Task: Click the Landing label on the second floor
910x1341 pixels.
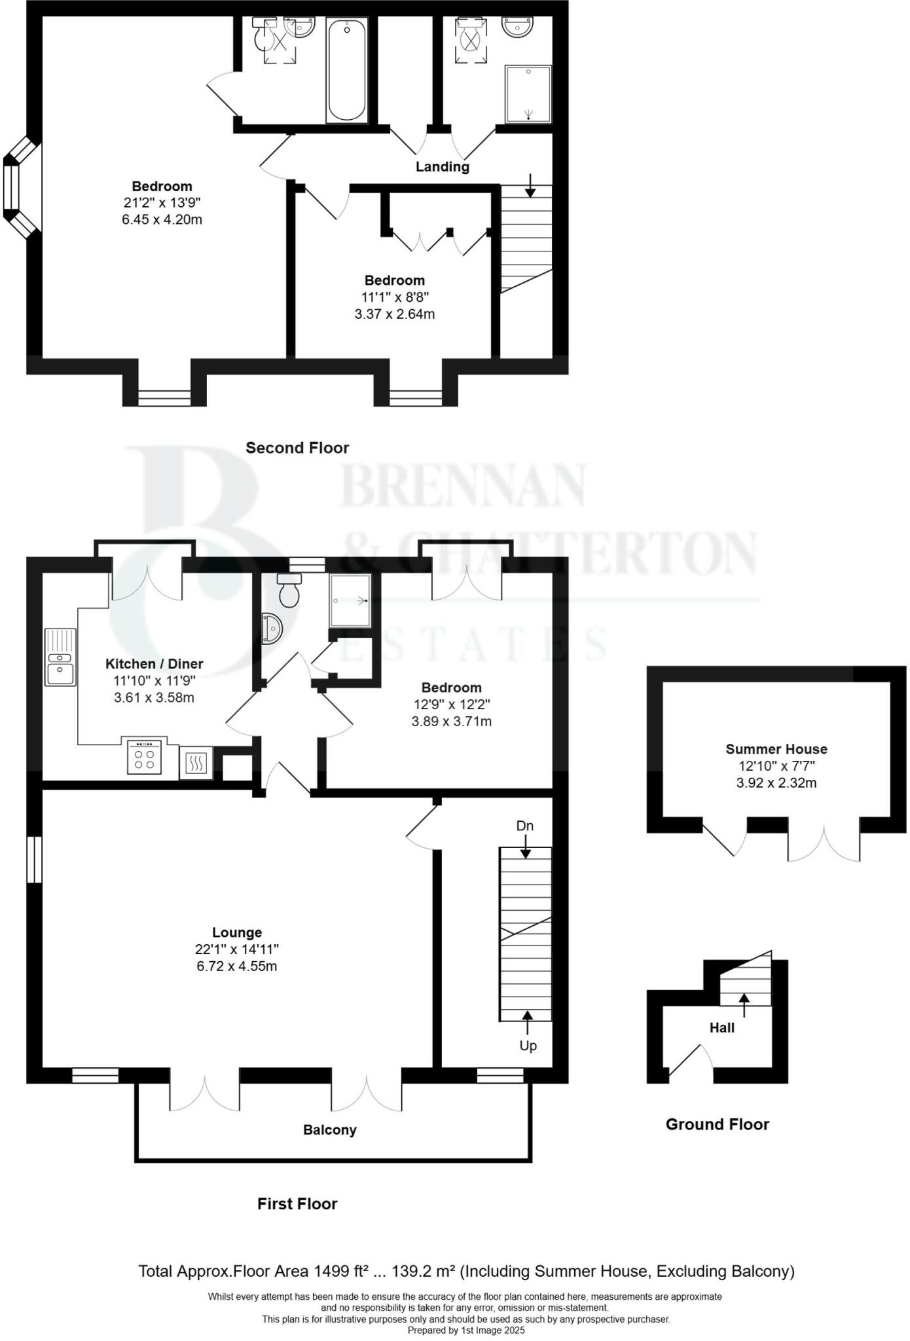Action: click(x=442, y=167)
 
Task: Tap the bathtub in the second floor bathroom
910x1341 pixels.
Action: click(x=346, y=70)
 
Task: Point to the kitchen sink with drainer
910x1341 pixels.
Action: click(x=60, y=657)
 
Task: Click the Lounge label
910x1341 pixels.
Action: click(x=236, y=932)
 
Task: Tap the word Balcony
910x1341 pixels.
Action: click(x=329, y=1130)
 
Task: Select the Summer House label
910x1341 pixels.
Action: click(x=776, y=749)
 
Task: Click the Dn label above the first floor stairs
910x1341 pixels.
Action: click(x=524, y=826)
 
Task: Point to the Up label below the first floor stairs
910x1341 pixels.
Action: click(x=528, y=1046)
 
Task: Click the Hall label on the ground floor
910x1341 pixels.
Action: click(x=721, y=1028)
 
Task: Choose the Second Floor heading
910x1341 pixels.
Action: click(x=297, y=448)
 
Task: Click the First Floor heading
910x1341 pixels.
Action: click(x=297, y=1203)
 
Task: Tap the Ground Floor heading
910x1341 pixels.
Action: click(x=717, y=1124)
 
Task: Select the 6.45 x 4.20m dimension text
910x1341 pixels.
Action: click(x=162, y=219)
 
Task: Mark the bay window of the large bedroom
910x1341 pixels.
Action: click(x=20, y=188)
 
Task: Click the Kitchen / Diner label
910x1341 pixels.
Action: click(x=154, y=664)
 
